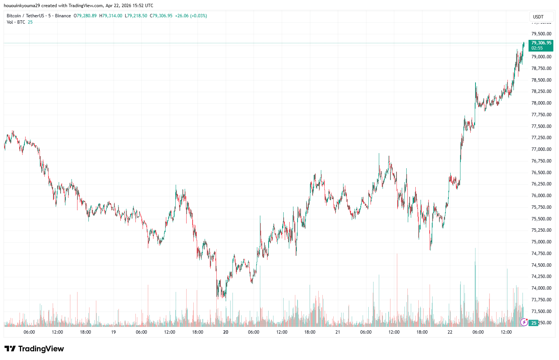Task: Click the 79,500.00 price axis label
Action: click(x=541, y=33)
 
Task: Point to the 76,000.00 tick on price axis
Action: click(x=541, y=196)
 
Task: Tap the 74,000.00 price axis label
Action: click(x=541, y=288)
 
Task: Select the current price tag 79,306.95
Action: click(x=541, y=43)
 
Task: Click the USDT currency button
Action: click(x=538, y=17)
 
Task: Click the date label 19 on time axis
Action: click(x=113, y=332)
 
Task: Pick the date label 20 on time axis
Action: click(x=226, y=332)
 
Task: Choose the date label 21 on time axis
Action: click(x=338, y=332)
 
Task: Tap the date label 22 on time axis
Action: click(x=450, y=332)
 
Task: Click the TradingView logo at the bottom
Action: click(x=34, y=349)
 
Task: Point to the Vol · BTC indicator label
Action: click(x=16, y=22)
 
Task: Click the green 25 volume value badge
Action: click(x=533, y=323)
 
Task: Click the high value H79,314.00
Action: click(x=111, y=16)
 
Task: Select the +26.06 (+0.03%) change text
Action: click(x=191, y=16)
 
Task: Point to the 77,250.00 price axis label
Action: click(x=541, y=138)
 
